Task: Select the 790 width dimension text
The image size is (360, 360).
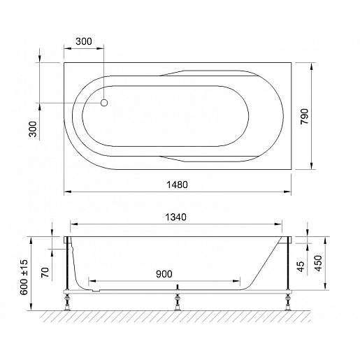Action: pyautogui.click(x=304, y=117)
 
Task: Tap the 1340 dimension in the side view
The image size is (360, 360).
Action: pyautogui.click(x=175, y=217)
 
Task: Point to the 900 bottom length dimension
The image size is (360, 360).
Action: pyautogui.click(x=164, y=274)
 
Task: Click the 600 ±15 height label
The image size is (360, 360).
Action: pyautogui.click(x=24, y=278)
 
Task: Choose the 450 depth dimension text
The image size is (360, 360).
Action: pyautogui.click(x=318, y=264)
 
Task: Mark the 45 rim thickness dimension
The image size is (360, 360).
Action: pyautogui.click(x=301, y=266)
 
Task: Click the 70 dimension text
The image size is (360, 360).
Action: pyautogui.click(x=45, y=272)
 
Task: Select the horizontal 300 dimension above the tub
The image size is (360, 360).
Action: pyautogui.click(x=84, y=41)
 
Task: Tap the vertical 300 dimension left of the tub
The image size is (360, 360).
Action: pyautogui.click(x=33, y=129)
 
